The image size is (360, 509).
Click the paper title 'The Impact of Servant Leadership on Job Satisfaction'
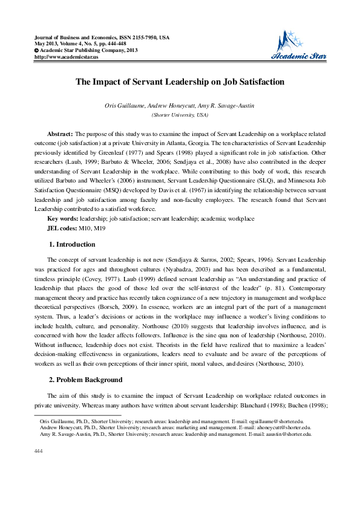coord(180,82)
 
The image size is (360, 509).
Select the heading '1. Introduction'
coord(71,244)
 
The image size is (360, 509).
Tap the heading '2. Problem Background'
coord(85,380)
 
